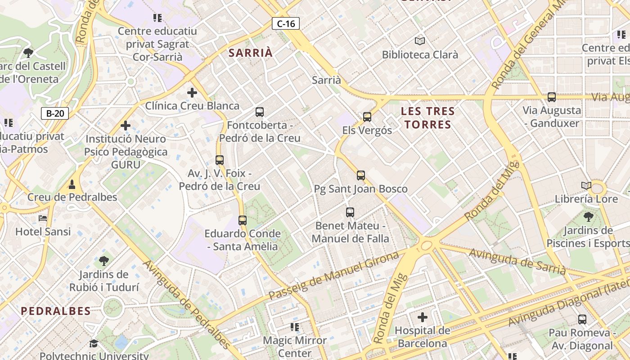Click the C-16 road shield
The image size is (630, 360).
tap(286, 23)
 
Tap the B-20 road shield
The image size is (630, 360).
tap(55, 113)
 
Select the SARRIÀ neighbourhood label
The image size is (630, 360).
tap(251, 53)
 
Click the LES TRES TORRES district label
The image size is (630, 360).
tap(428, 118)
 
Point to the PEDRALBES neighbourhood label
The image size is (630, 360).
tap(56, 311)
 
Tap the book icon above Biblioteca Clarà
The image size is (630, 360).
tap(420, 41)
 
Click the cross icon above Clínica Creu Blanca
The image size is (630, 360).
tap(192, 93)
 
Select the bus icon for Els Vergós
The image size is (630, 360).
tap(367, 117)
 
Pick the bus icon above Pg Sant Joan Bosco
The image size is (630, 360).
tap(361, 175)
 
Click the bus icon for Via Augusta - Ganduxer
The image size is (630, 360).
tap(551, 97)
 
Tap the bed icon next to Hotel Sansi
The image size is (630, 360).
tap(43, 218)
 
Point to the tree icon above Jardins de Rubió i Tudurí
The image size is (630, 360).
tap(103, 261)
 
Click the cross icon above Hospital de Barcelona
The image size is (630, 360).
tap(422, 317)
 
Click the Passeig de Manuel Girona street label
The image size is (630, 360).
tap(333, 275)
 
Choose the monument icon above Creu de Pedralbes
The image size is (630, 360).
tap(72, 184)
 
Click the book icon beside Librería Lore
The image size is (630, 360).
tap(586, 185)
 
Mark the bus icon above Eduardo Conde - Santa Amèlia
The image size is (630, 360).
tap(243, 220)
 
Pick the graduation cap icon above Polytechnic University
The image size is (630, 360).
tap(94, 343)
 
